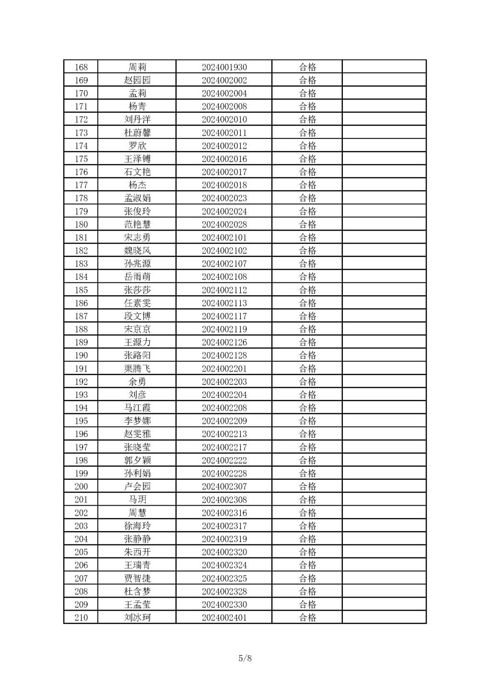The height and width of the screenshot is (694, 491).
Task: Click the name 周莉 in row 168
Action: click(x=137, y=67)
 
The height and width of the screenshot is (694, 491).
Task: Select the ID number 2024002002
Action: click(x=224, y=81)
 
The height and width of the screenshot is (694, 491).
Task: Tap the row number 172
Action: click(x=81, y=120)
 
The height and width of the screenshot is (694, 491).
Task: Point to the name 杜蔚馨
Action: click(x=137, y=133)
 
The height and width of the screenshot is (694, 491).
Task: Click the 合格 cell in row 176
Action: click(x=307, y=172)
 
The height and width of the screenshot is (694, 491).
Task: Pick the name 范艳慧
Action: click(x=137, y=224)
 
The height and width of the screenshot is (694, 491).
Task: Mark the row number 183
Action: click(x=81, y=264)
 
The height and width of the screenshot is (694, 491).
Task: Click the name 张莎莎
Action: click(x=137, y=290)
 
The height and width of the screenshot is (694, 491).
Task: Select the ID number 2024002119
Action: click(x=224, y=329)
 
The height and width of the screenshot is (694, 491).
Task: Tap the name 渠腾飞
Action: click(x=137, y=369)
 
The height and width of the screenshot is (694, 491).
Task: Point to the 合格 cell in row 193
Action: click(x=307, y=395)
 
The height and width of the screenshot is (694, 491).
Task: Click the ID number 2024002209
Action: click(x=224, y=421)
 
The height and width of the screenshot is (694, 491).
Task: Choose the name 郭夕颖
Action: click(x=137, y=460)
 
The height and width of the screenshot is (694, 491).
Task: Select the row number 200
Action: click(x=81, y=486)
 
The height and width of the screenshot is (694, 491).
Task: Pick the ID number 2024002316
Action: click(x=224, y=513)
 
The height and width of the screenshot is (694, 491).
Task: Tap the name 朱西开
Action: click(x=137, y=552)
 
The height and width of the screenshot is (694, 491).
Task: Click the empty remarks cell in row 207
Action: click(x=384, y=578)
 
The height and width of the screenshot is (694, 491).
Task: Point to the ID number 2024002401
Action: click(x=224, y=617)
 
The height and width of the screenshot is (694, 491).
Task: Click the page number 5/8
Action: click(x=245, y=658)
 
